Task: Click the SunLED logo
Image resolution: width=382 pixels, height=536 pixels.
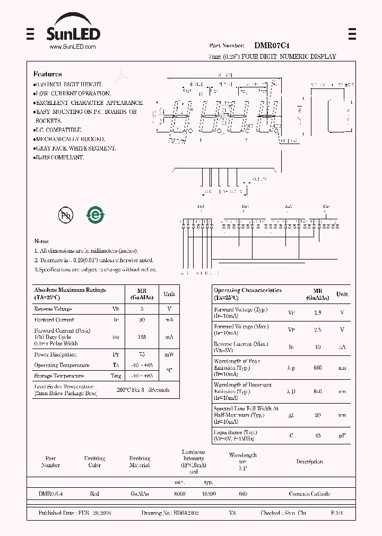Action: (72, 29)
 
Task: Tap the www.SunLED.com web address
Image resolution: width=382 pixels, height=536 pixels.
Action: (72, 47)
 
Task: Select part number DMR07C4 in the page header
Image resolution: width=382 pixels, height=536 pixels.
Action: (272, 46)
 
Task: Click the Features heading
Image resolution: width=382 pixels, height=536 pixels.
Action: (47, 74)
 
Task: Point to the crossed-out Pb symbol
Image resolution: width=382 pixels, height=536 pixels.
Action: (66, 215)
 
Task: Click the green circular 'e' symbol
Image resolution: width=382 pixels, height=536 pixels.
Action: (96, 215)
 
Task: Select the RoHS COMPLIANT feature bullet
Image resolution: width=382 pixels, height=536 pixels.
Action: (59, 158)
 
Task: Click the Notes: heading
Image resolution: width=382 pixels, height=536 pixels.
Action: (42, 242)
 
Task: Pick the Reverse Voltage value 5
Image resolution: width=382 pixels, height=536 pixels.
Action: (141, 309)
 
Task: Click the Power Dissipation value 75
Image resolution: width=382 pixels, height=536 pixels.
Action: (141, 354)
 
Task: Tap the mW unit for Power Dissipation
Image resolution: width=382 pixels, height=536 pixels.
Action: (169, 354)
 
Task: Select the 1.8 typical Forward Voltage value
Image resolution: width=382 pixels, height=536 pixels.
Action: (317, 312)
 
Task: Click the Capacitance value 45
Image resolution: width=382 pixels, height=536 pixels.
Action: (317, 436)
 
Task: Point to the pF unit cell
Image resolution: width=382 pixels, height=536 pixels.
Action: (342, 436)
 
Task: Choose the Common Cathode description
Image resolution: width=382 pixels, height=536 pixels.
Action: (309, 494)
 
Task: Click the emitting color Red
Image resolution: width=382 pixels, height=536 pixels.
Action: (94, 494)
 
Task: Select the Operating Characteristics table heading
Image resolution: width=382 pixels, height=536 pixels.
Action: (248, 291)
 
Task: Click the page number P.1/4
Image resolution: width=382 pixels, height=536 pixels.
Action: (337, 513)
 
